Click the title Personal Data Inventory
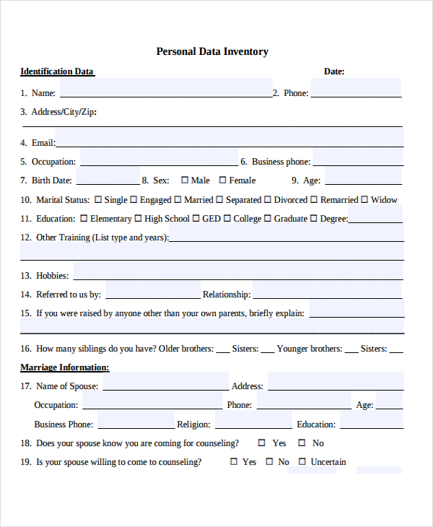[212, 52]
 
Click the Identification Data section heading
[57, 71]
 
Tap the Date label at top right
[333, 71]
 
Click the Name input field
[165, 91]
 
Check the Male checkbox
[185, 180]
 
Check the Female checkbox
[223, 180]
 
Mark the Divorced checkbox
[268, 200]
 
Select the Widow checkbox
[364, 200]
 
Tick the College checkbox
[227, 219]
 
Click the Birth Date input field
[108, 179]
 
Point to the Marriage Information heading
[64, 367]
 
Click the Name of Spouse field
[165, 385]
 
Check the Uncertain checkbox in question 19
[302, 462]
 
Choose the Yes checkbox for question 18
[262, 443]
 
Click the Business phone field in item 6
[357, 160]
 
